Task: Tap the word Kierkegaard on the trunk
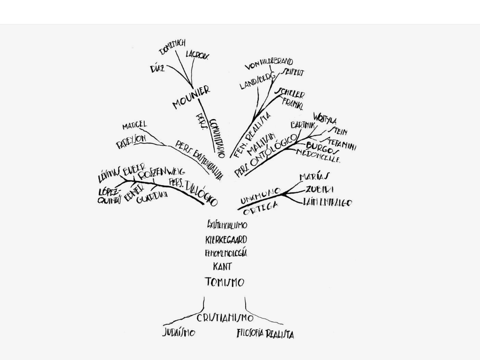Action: click(226, 240)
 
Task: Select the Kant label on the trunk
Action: click(222, 267)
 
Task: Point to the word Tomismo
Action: click(225, 282)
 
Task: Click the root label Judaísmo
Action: click(179, 333)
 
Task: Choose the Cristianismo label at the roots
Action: click(225, 318)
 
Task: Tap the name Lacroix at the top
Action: click(197, 55)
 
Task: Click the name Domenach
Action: click(172, 47)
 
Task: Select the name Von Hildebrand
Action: click(269, 63)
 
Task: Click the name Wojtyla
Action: click(324, 118)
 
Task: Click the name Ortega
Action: click(261, 208)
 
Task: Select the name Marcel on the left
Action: click(135, 126)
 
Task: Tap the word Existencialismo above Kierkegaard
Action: click(227, 225)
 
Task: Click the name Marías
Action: click(314, 177)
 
